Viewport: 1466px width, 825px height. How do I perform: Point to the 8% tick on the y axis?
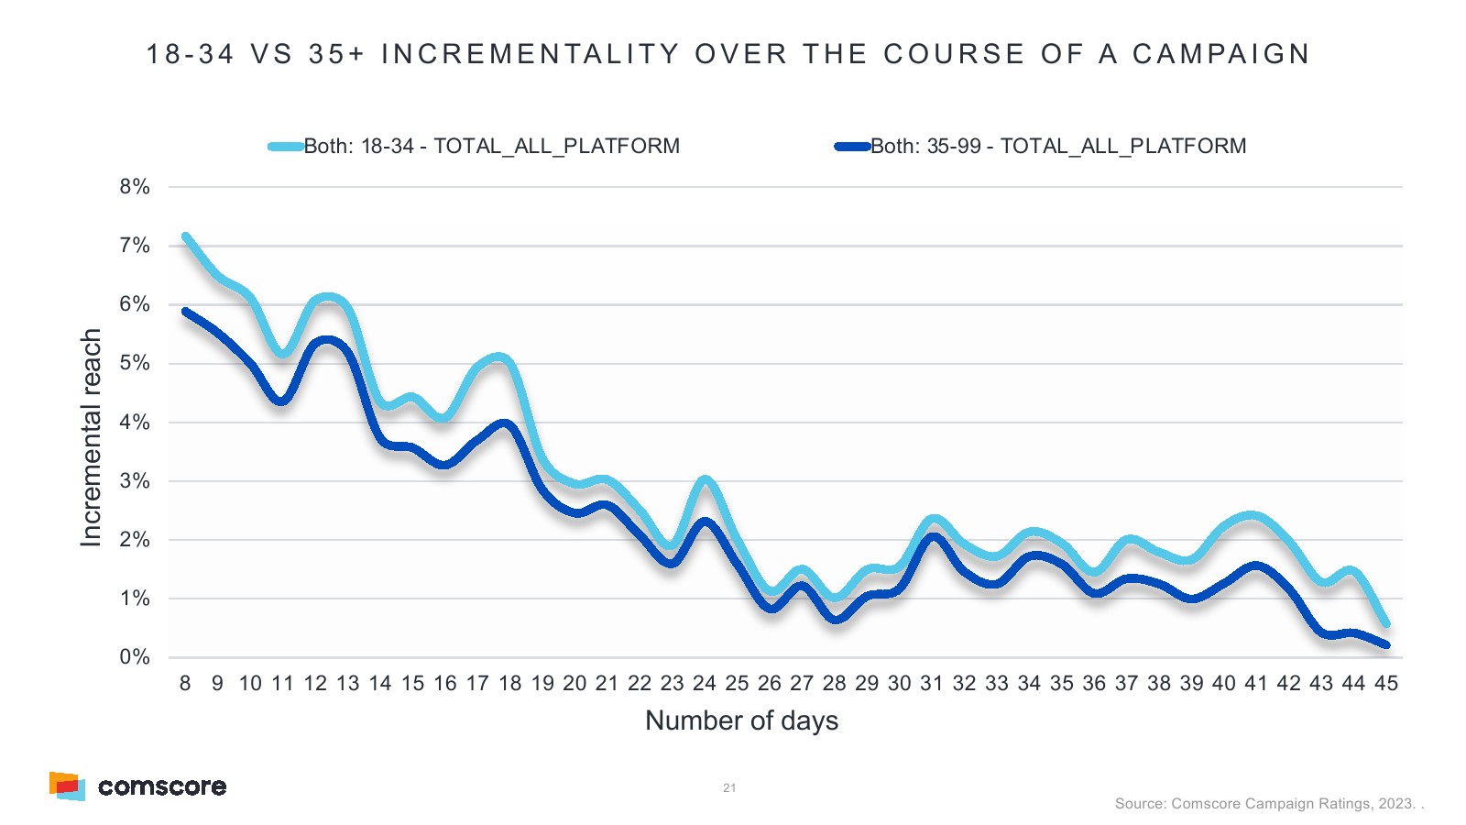pyautogui.click(x=135, y=187)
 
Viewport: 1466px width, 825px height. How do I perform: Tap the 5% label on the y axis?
pyautogui.click(x=135, y=363)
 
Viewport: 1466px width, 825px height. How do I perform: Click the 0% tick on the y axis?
pyautogui.click(x=135, y=657)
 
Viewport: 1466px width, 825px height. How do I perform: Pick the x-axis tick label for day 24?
pyautogui.click(x=705, y=683)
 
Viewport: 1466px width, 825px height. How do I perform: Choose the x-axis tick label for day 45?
pyautogui.click(x=1386, y=683)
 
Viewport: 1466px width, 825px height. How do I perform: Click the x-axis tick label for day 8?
pyautogui.click(x=185, y=683)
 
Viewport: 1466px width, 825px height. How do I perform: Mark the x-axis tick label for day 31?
pyautogui.click(x=932, y=683)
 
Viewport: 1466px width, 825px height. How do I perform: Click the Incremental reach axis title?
pyautogui.click(x=91, y=438)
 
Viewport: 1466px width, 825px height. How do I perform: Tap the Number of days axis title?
pyautogui.click(x=741, y=720)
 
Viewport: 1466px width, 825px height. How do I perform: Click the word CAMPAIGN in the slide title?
pyautogui.click(x=1220, y=54)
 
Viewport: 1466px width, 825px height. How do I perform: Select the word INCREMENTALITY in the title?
pyautogui.click(x=531, y=54)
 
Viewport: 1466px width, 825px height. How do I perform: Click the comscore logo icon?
pyautogui.click(x=67, y=786)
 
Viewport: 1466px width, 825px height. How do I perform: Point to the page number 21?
pyautogui.click(x=729, y=787)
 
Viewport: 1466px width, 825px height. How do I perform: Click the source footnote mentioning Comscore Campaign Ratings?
pyautogui.click(x=1269, y=804)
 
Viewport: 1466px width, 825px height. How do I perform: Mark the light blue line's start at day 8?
pyautogui.click(x=186, y=236)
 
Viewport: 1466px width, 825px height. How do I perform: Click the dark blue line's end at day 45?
pyautogui.click(x=1386, y=645)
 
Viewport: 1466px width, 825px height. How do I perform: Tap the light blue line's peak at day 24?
pyautogui.click(x=705, y=479)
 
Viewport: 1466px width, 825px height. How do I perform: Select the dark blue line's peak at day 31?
pyautogui.click(x=933, y=536)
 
